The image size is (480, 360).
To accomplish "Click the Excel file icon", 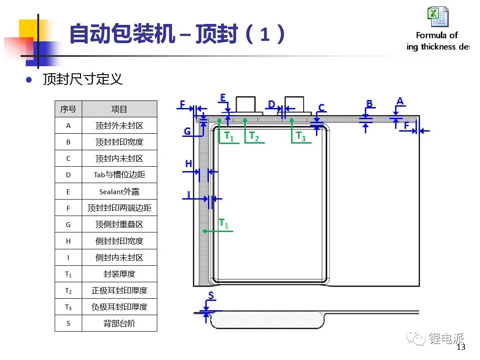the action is point(438,16).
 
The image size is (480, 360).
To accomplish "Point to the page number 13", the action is point(461,347).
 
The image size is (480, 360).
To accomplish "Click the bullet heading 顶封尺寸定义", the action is point(83,79).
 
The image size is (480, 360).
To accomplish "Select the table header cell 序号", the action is point(68,109).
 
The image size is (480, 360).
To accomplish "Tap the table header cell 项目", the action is point(120,109).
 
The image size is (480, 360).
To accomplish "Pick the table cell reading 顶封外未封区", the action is point(120,125).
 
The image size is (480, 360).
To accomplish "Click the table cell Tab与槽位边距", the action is point(120,175).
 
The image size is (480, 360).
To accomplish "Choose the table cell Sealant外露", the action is point(120,192).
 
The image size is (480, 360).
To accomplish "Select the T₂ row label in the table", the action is point(68,291).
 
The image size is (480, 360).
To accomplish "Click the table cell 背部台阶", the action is point(120,323).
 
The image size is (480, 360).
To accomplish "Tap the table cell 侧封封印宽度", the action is point(120,241).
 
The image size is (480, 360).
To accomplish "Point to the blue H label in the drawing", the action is point(188,164).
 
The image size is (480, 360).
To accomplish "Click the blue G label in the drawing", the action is point(187,131).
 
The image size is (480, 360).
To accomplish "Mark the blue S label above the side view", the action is point(211,296).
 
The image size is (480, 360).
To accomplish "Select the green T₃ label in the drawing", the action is point(300,136).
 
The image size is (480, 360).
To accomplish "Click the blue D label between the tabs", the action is point(272,105).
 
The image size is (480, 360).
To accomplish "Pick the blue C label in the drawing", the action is point(321,108).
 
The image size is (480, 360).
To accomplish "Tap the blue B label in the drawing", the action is point(369,104).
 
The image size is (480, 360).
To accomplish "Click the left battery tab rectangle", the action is point(245,105).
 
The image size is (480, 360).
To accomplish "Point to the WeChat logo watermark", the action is point(416,338).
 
